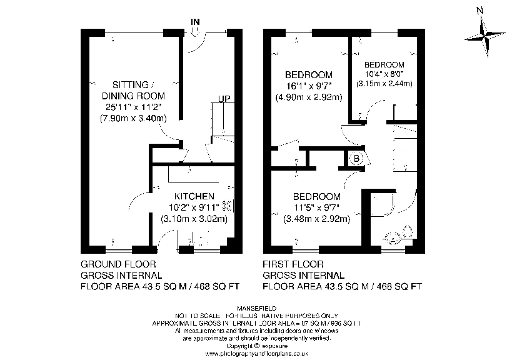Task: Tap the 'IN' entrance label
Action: click(x=195, y=22)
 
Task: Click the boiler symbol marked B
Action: click(x=357, y=159)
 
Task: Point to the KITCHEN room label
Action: click(x=194, y=196)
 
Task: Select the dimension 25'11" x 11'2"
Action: click(x=133, y=107)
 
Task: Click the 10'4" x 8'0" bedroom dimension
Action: click(x=384, y=74)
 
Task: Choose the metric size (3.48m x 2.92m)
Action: click(x=316, y=218)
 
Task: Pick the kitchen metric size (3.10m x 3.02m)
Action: click(x=194, y=219)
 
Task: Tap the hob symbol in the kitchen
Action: click(x=228, y=204)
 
